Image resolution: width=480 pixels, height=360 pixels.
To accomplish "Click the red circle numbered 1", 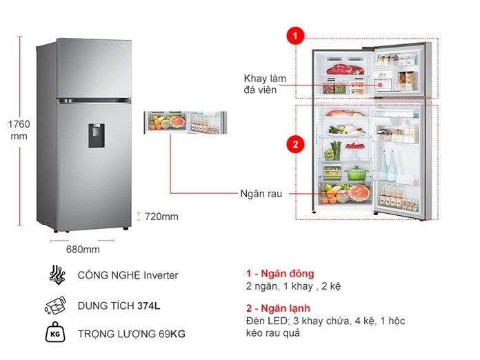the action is (x=295, y=36).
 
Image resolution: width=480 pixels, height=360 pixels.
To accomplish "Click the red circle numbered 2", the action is (x=295, y=144).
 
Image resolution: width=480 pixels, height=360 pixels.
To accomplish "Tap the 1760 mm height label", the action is (x=19, y=130).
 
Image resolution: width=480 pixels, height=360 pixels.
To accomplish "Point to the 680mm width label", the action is (x=83, y=250).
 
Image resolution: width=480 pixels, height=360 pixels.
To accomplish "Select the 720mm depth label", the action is (x=161, y=217).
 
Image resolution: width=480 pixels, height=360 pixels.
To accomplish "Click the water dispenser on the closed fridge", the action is (x=97, y=136).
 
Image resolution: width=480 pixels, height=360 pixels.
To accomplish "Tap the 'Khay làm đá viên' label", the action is (x=265, y=84).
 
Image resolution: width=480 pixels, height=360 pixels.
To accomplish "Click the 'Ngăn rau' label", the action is (x=261, y=194).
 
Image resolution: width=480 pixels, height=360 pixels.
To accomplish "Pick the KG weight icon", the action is (x=55, y=332).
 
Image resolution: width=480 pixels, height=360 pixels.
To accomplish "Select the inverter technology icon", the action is (x=57, y=274).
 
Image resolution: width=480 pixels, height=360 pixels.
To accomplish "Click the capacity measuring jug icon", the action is (x=55, y=306).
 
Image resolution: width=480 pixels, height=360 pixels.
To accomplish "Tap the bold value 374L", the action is (x=148, y=306).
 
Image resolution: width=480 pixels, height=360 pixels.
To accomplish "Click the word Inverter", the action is (x=161, y=275).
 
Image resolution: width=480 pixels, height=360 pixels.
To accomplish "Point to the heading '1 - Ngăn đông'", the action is (x=280, y=273).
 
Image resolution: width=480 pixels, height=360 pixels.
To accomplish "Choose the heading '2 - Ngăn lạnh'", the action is (x=278, y=308).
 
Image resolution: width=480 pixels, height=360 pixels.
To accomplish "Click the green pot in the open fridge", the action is (x=357, y=173).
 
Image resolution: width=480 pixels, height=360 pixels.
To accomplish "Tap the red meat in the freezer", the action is (x=345, y=70).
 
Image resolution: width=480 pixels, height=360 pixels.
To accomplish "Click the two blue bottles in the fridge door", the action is (x=388, y=166).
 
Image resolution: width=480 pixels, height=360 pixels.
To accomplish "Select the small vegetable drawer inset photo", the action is (x=186, y=123).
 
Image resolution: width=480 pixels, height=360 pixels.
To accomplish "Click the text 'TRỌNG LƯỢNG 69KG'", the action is (x=132, y=334).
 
